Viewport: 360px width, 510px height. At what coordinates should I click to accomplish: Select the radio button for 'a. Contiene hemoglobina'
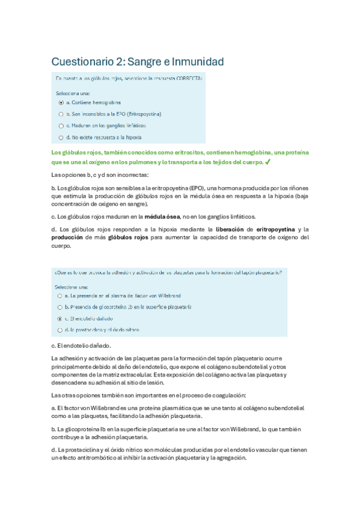click(61, 102)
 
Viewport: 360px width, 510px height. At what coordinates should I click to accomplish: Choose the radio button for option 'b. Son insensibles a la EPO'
click(61, 114)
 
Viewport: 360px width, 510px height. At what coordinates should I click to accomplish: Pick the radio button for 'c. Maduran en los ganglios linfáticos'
click(61, 126)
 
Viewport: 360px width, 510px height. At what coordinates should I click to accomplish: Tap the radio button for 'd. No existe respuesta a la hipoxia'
click(61, 137)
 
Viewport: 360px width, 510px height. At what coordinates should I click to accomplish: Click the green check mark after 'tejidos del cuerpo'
click(267, 162)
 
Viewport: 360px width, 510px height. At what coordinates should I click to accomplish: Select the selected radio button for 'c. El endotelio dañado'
click(59, 318)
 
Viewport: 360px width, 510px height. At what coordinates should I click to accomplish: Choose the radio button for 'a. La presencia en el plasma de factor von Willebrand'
click(59, 296)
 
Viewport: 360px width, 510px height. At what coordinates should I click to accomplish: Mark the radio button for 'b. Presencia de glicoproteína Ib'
click(59, 307)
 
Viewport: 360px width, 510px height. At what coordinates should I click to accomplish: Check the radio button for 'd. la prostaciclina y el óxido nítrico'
click(59, 330)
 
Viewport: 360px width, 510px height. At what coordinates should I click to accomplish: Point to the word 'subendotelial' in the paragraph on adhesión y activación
click(254, 366)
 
